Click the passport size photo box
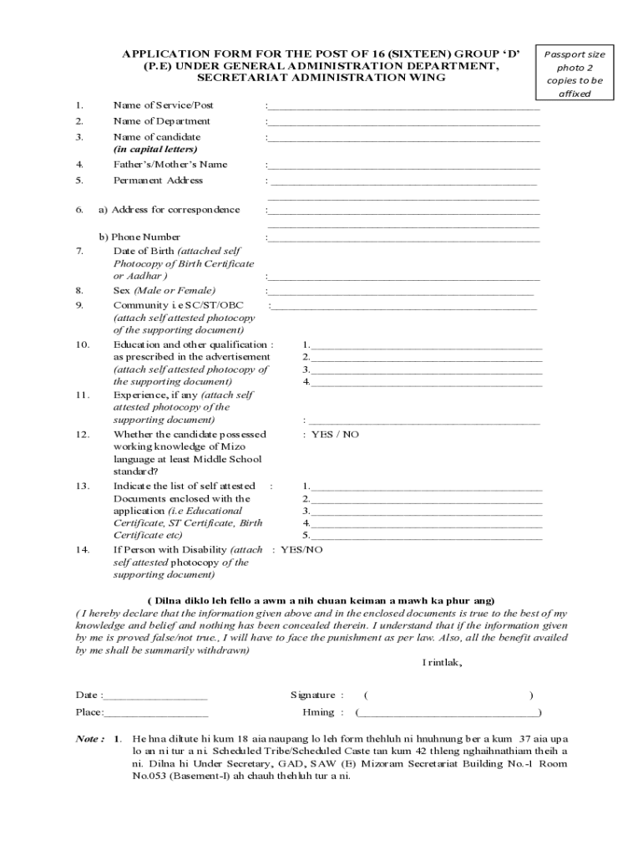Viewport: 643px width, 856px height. [x=575, y=74]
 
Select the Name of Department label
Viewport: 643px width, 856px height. [x=162, y=121]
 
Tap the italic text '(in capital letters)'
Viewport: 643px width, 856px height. [x=155, y=149]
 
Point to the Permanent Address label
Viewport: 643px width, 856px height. [x=158, y=181]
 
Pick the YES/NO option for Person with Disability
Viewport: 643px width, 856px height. [x=301, y=550]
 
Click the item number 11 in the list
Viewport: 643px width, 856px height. [x=82, y=395]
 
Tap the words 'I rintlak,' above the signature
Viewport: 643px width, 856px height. [x=443, y=663]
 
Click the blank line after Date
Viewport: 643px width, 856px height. [x=155, y=696]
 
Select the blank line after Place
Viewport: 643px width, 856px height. [x=156, y=713]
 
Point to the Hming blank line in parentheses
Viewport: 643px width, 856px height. [x=448, y=714]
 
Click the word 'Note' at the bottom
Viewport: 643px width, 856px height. [x=89, y=740]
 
